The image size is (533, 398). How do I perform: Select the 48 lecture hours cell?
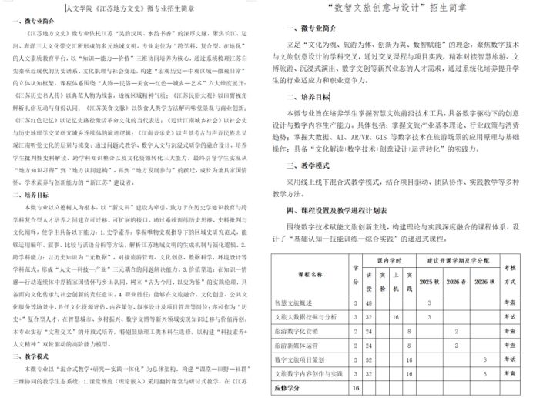(x=369, y=303)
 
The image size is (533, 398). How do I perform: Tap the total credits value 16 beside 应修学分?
(x=355, y=387)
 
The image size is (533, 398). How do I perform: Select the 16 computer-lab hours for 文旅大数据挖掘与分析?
(x=396, y=316)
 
